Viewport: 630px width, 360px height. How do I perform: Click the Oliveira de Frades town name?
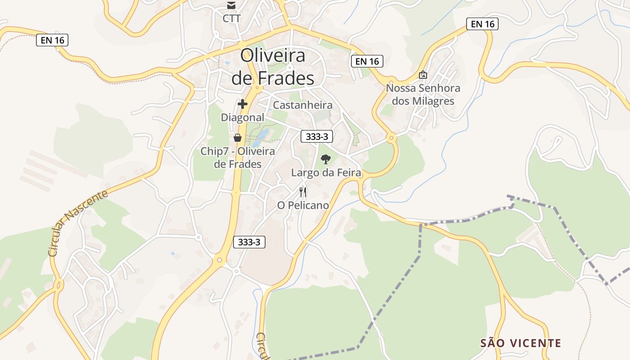coord(273,67)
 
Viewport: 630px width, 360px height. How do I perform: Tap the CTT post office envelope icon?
coord(231,6)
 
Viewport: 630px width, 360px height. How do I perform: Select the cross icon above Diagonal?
coord(243,104)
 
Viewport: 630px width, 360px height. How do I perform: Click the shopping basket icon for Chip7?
coord(238,138)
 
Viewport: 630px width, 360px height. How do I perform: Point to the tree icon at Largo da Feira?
coord(326,159)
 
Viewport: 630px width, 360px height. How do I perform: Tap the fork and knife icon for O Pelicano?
coord(303,192)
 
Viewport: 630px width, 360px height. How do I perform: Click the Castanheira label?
coord(303,105)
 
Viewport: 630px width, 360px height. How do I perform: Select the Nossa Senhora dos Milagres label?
coord(423,94)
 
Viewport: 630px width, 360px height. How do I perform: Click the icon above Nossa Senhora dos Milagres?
coord(423,75)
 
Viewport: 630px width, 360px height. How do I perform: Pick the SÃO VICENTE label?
coord(521,343)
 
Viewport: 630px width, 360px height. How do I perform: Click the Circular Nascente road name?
coord(78,223)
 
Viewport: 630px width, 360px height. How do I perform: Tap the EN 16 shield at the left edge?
coord(52,40)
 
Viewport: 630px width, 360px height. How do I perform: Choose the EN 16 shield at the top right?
coord(482,24)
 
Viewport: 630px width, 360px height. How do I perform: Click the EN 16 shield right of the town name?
coord(366,61)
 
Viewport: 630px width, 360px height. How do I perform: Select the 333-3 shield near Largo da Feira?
coord(317,137)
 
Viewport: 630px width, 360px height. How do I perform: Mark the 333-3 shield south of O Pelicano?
coord(249,242)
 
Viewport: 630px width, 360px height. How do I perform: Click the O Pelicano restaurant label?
coord(303,205)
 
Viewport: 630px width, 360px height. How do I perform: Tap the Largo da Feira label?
coord(326,172)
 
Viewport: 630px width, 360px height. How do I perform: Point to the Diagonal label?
coord(243,117)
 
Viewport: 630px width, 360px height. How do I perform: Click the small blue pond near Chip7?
coord(261,138)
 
